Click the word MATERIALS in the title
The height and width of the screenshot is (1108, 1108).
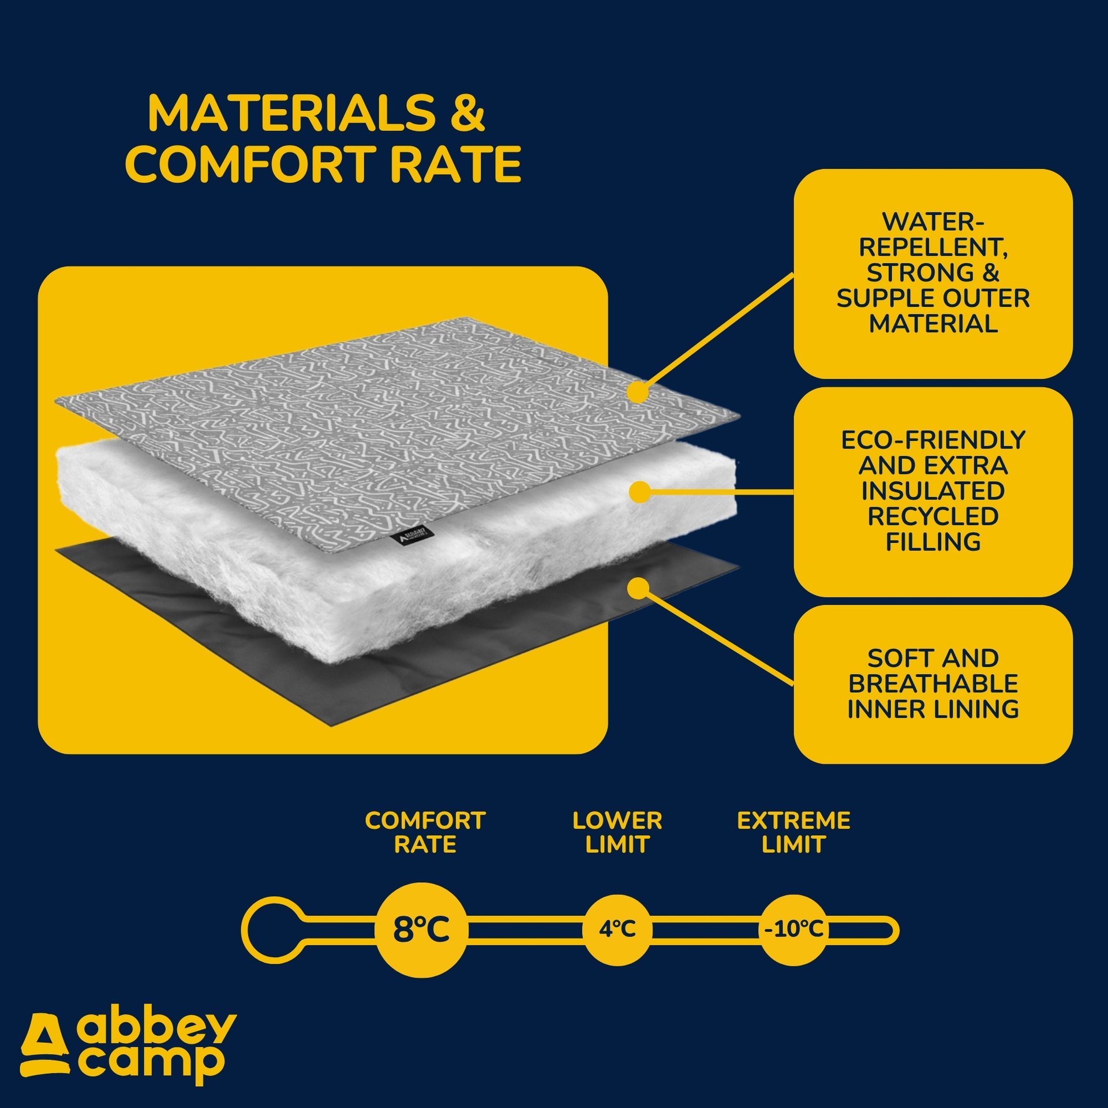tap(291, 113)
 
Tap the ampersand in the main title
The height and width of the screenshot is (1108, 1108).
tap(467, 113)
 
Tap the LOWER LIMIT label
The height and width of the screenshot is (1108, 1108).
tap(617, 833)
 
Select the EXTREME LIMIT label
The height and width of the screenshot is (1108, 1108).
tap(793, 833)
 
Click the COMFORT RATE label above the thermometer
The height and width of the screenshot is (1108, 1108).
tap(425, 833)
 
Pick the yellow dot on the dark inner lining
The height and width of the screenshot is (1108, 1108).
tap(638, 588)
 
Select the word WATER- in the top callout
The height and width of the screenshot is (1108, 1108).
tap(933, 222)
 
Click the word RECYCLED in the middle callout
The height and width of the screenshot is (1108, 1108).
tap(933, 516)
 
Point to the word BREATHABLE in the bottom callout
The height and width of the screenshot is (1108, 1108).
tap(933, 684)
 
